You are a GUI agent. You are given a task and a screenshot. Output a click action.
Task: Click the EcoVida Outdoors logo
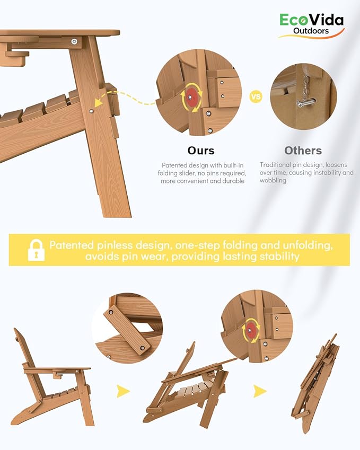pyautogui.click(x=311, y=25)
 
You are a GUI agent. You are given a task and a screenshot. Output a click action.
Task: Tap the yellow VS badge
pyautogui.click(x=256, y=96)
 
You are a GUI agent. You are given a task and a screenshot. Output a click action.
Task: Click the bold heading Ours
pyautogui.click(x=201, y=151)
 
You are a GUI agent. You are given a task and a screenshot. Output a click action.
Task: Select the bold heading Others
pyautogui.click(x=303, y=151)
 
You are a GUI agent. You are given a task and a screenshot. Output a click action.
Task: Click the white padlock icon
pyautogui.click(x=36, y=250)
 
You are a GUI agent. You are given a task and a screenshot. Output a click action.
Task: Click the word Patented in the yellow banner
pyautogui.click(x=72, y=245)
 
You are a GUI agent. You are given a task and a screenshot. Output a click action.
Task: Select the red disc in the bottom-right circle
pyautogui.click(x=251, y=330)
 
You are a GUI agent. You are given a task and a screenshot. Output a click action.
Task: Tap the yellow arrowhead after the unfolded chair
pyautogui.click(x=123, y=391)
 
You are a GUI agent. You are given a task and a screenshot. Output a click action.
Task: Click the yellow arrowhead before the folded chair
pyautogui.click(x=260, y=391)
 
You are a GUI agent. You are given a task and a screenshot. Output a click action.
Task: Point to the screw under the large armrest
pyautogui.click(x=75, y=42)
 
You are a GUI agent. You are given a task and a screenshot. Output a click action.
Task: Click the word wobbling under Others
pyautogui.click(x=273, y=181)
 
